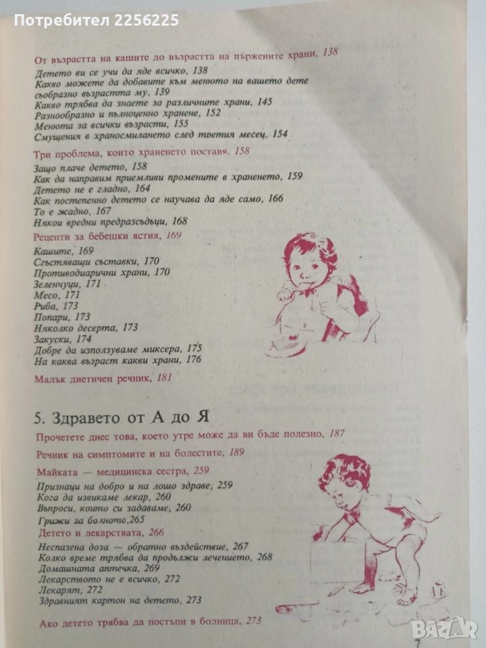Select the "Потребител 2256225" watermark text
point(97,20)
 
